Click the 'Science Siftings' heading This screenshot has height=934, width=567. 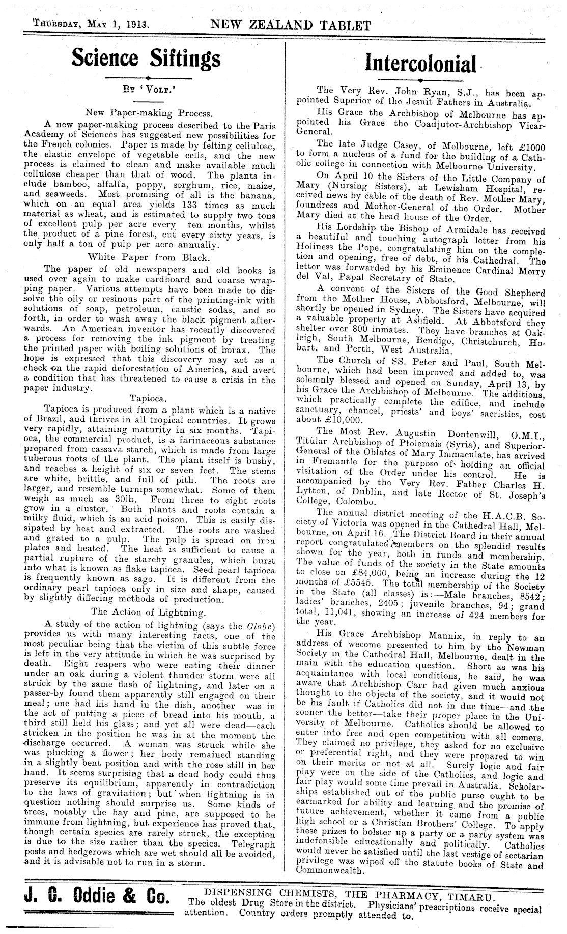(x=147, y=58)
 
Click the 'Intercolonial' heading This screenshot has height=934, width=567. (x=421, y=64)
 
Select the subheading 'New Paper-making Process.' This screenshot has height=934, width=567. (x=147, y=113)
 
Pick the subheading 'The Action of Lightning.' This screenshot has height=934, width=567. (x=148, y=612)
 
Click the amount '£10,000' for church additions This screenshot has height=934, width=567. (x=343, y=420)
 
